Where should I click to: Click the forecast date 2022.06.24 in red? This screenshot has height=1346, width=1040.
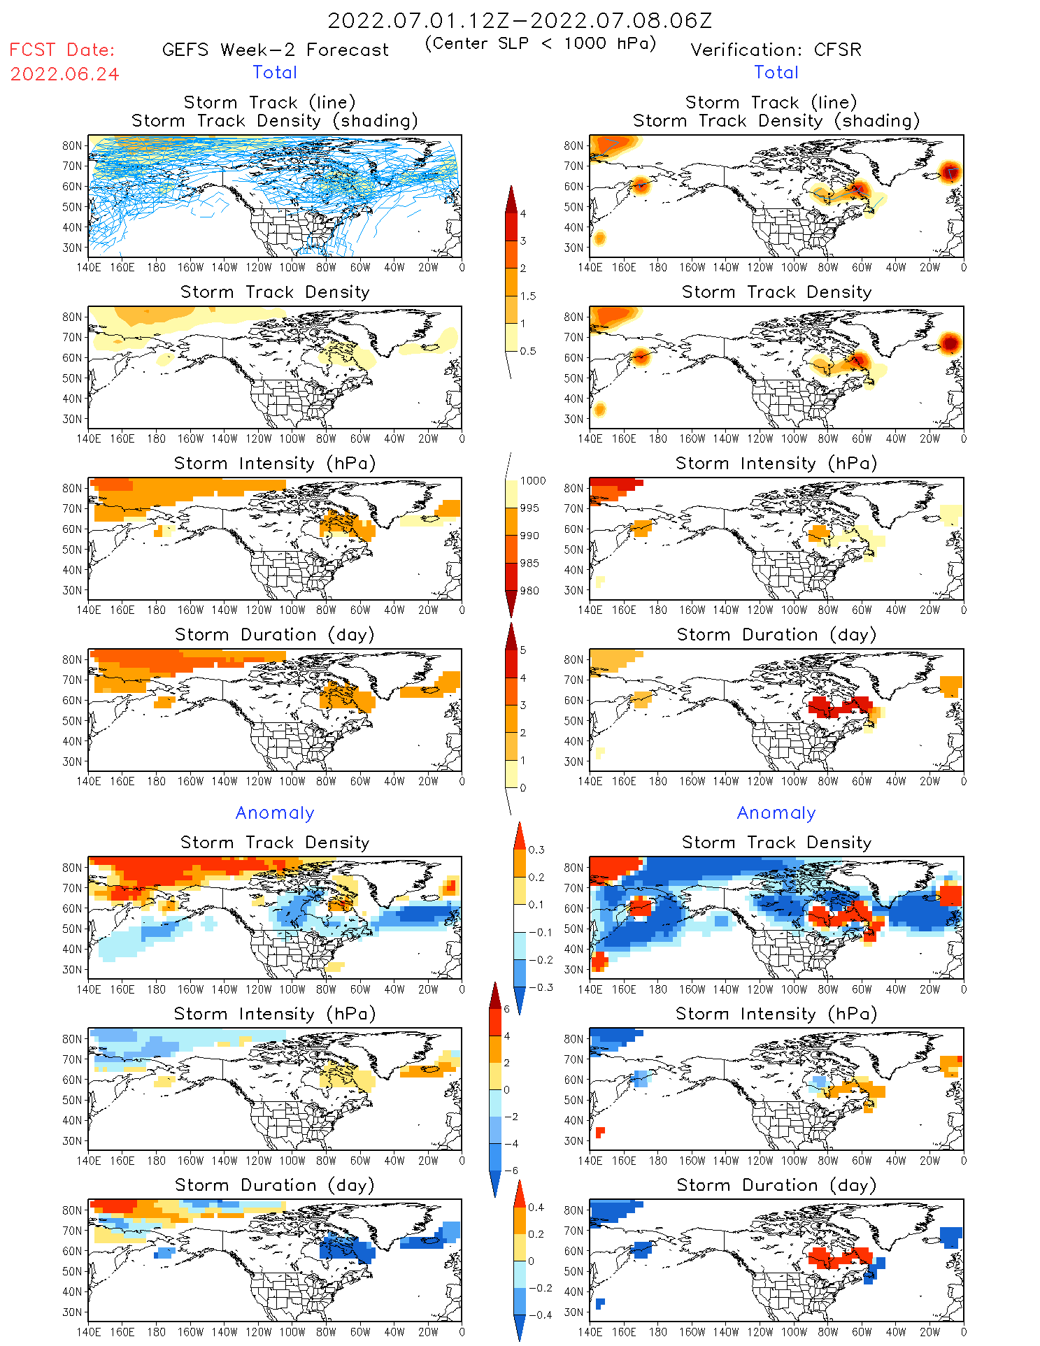pyautogui.click(x=64, y=74)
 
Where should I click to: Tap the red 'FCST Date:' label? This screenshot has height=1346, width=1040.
pyautogui.click(x=62, y=50)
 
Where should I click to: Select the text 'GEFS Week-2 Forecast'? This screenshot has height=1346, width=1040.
pyautogui.click(x=275, y=50)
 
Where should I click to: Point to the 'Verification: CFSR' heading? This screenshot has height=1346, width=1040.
pyautogui.click(x=776, y=50)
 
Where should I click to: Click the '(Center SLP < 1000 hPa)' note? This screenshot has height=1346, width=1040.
pyautogui.click(x=541, y=43)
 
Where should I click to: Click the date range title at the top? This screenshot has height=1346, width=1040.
pyautogui.click(x=520, y=20)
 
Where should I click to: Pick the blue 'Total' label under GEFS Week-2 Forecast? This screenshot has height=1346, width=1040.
pyautogui.click(x=275, y=72)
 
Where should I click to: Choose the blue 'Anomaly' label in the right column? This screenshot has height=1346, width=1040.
pyautogui.click(x=776, y=812)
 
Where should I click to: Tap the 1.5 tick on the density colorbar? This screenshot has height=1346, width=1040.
pyautogui.click(x=527, y=296)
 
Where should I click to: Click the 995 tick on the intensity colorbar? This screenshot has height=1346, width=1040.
pyautogui.click(x=529, y=508)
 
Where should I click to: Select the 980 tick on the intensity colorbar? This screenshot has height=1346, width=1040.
pyautogui.click(x=529, y=591)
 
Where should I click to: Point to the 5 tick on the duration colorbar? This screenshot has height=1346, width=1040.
pyautogui.click(x=523, y=650)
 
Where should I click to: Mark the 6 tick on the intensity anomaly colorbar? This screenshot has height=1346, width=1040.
pyautogui.click(x=507, y=1009)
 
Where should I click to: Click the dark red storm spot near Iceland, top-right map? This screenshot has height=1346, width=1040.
pyautogui.click(x=949, y=171)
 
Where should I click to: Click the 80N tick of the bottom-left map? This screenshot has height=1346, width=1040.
pyautogui.click(x=72, y=1210)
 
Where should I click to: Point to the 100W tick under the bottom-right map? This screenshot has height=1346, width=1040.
pyautogui.click(x=793, y=1332)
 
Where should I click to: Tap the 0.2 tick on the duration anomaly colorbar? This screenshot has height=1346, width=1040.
pyautogui.click(x=536, y=1234)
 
